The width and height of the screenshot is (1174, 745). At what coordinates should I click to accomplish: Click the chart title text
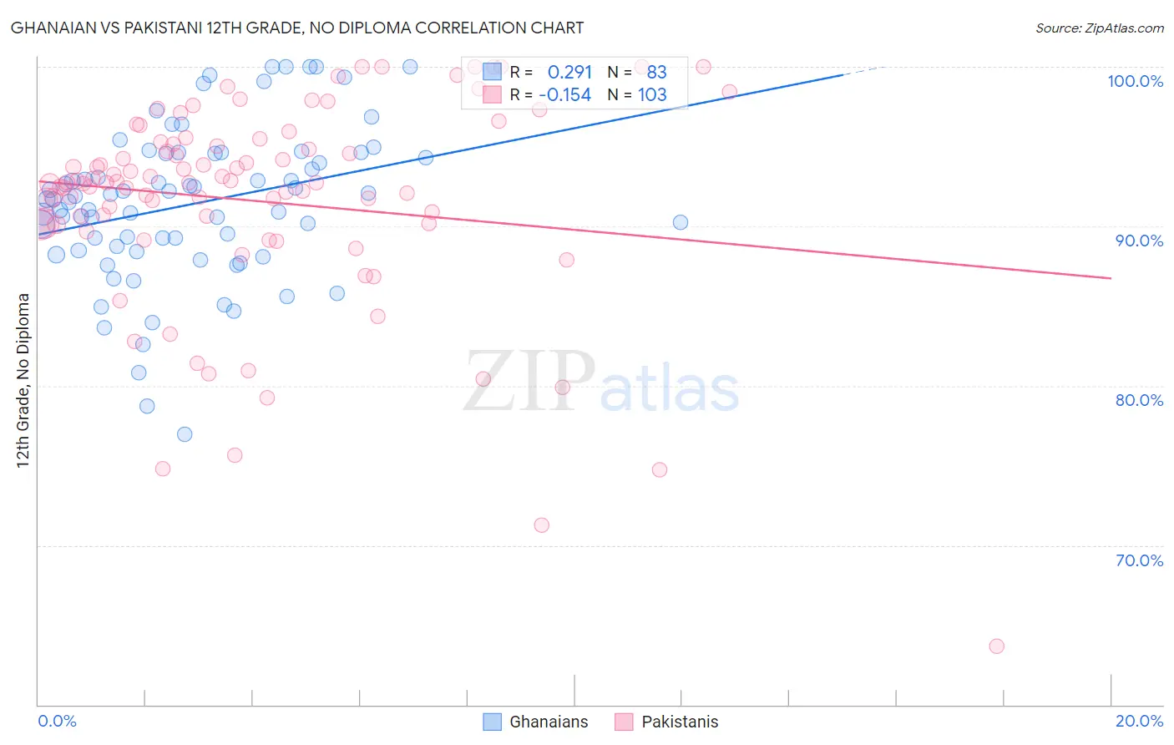[x=297, y=28]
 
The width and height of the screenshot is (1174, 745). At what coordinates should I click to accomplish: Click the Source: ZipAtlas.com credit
[x=1099, y=28]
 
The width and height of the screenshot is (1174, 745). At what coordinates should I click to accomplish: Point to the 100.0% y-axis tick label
[x=1135, y=81]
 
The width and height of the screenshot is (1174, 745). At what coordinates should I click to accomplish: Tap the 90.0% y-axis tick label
[x=1139, y=241]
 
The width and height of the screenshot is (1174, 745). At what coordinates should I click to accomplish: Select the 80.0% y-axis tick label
[x=1139, y=400]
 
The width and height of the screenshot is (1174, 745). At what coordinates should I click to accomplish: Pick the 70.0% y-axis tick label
[x=1139, y=560]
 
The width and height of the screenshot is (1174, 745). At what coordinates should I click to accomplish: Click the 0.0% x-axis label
[x=57, y=721]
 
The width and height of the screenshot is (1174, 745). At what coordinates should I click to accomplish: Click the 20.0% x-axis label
[x=1139, y=721]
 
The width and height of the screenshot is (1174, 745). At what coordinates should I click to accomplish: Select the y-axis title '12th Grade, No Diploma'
[x=23, y=380]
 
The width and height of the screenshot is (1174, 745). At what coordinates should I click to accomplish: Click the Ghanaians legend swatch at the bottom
[x=493, y=722]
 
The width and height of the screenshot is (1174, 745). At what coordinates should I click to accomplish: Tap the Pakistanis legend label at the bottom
[x=680, y=722]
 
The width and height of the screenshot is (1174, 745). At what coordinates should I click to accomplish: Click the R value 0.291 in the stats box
[x=569, y=73]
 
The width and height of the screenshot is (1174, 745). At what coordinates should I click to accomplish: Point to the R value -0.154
[x=564, y=95]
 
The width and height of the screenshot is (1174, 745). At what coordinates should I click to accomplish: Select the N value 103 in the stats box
[x=652, y=95]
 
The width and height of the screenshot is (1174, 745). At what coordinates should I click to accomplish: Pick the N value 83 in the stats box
[x=656, y=73]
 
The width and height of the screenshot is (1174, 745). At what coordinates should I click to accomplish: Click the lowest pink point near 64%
[x=996, y=646]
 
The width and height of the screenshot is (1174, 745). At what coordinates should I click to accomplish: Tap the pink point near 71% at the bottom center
[x=541, y=525]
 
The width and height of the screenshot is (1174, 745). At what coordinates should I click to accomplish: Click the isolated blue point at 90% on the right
[x=681, y=222]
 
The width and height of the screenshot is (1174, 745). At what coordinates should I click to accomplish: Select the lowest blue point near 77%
[x=185, y=434]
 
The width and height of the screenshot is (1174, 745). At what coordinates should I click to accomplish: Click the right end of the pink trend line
[x=1111, y=278]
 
